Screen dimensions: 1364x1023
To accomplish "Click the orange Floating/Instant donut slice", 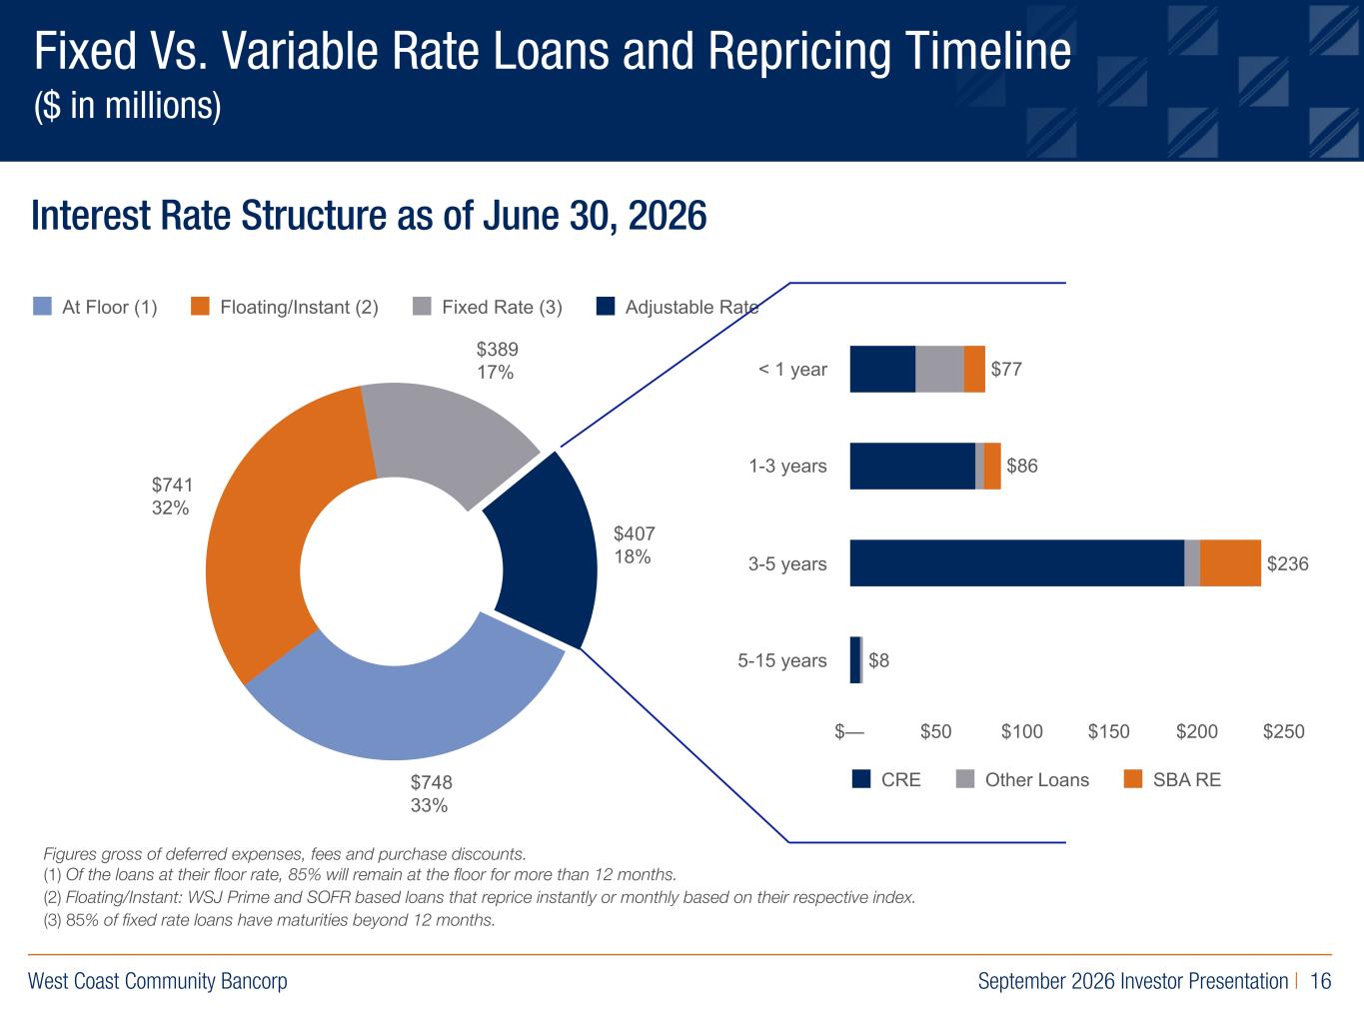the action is (x=274, y=527).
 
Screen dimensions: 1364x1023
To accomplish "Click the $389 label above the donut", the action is (x=497, y=349).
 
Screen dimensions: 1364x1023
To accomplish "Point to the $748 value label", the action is (x=432, y=782).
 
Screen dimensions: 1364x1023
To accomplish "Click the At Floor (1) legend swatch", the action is (x=42, y=307).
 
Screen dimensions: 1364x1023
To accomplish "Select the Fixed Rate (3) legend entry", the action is (x=488, y=307).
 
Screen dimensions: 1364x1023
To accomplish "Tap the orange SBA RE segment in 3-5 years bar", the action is (x=1230, y=562).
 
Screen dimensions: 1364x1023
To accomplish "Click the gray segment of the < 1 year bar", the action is (x=939, y=369).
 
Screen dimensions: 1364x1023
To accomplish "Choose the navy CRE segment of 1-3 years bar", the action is (x=912, y=466).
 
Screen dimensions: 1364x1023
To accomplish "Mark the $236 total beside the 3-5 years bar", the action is (x=1288, y=563).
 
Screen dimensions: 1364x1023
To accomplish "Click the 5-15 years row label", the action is (x=781, y=660).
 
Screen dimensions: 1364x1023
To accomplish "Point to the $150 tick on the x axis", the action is (x=1108, y=731).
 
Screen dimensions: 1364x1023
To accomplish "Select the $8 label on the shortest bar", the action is (x=878, y=660).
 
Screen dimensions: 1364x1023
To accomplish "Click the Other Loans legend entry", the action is (x=1022, y=779).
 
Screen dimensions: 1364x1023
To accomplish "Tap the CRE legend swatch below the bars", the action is (x=861, y=779).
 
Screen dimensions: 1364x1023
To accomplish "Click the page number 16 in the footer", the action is (x=1320, y=981).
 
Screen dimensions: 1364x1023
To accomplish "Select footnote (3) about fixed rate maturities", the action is (x=269, y=920).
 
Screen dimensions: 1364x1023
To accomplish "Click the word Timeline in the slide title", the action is (x=988, y=51).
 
